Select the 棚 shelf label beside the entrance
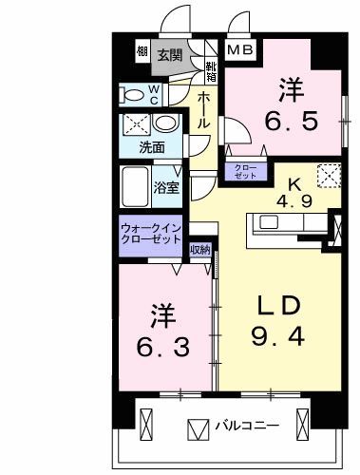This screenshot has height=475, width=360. coord(142,53)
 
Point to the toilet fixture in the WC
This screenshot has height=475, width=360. coord(131,95)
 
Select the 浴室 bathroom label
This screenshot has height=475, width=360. coord(168,185)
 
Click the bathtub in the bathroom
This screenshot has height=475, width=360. coord(136,183)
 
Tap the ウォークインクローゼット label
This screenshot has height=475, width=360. coord(152,235)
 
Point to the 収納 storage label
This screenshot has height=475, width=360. coord(199,250)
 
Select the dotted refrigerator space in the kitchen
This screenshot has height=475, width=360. coord(328,178)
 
